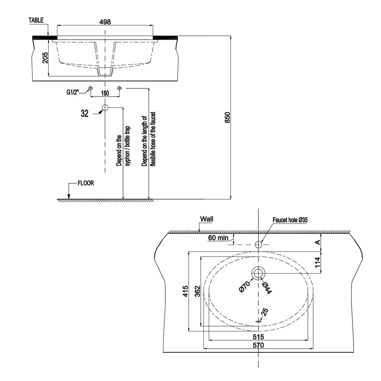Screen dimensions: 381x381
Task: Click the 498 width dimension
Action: (105, 22)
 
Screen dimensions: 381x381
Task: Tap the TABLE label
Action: (36, 20)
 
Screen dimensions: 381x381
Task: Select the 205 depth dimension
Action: (45, 58)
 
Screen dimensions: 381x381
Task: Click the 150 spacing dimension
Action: (105, 93)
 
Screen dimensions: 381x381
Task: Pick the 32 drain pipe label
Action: (85, 114)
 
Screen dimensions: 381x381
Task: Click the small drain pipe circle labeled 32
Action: (105, 107)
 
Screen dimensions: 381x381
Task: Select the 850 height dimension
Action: (227, 117)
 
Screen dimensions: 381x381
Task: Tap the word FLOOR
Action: (86, 183)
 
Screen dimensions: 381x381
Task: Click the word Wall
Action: (207, 219)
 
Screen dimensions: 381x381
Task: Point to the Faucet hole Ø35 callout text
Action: (290, 220)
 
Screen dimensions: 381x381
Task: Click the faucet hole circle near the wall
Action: (258, 244)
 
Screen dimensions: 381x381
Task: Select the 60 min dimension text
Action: (218, 238)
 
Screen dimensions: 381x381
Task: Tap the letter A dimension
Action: (317, 242)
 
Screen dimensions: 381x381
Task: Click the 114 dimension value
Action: (318, 262)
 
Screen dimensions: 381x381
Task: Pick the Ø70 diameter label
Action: (245, 287)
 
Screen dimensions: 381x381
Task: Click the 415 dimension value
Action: (186, 291)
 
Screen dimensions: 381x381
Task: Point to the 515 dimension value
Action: (258, 337)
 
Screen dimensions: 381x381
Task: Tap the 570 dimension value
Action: (258, 345)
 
